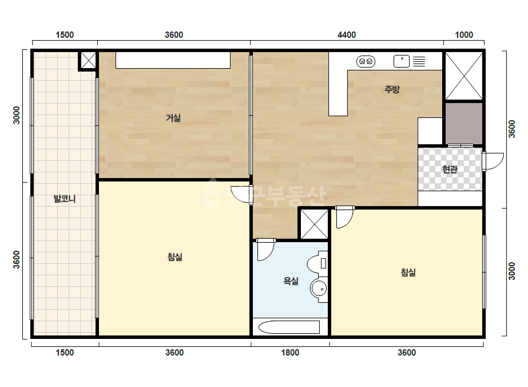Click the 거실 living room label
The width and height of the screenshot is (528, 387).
(x=173, y=118)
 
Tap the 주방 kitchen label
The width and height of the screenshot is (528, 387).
(x=392, y=89)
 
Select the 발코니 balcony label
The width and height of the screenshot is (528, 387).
(x=65, y=199)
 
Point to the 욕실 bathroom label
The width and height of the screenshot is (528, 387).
(x=291, y=281)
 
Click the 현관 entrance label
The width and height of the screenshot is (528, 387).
(x=450, y=169)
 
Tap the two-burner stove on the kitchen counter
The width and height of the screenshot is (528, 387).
(x=366, y=61)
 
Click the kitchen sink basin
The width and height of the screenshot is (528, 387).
(x=402, y=61)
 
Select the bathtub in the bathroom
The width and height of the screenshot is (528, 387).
(x=289, y=327)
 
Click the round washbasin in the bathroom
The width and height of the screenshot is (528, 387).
(x=319, y=289)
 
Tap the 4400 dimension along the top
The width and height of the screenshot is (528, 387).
(x=347, y=35)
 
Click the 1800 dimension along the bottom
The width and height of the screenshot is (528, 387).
(x=290, y=353)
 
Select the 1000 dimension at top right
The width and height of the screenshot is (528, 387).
(x=464, y=35)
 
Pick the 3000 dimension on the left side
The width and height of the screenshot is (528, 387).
(x=16, y=115)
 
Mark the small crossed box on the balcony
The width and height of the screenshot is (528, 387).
(x=88, y=61)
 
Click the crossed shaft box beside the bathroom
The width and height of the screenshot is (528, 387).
(x=314, y=224)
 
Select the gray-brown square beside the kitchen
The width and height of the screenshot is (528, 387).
(x=464, y=124)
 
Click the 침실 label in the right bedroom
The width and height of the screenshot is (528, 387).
(x=408, y=273)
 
